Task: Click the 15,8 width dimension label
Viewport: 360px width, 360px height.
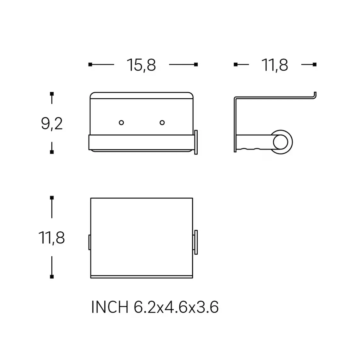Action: coord(141,65)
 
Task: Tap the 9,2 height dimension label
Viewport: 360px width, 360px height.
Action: coord(52,124)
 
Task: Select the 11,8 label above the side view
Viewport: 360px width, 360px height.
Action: coord(275,65)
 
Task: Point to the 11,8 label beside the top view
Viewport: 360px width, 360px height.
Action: coord(51,238)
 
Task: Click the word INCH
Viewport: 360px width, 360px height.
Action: coord(110,307)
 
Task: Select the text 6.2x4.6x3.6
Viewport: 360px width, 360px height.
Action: coord(176,307)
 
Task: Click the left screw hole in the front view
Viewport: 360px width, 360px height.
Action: coord(121,123)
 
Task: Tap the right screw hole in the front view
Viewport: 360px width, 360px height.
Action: coord(162,123)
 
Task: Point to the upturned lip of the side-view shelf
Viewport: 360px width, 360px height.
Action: coord(315,96)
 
